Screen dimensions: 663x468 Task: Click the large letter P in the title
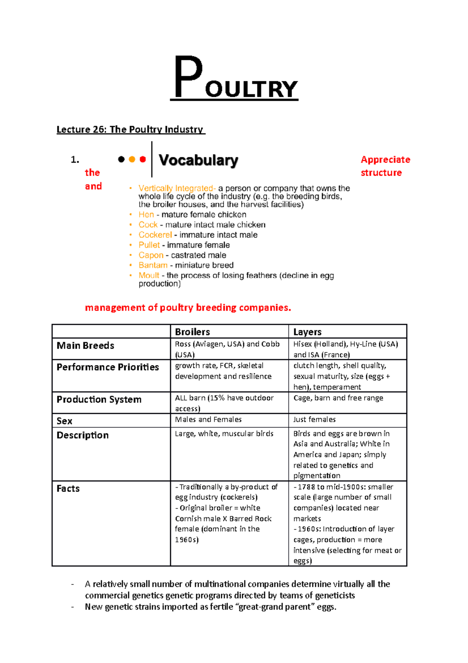coord(188,77)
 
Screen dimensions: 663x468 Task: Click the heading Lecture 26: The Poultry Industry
coord(130,129)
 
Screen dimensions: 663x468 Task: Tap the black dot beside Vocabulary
coord(121,159)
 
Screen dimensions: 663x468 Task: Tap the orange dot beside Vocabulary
coord(132,159)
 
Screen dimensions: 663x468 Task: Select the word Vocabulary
coord(198,160)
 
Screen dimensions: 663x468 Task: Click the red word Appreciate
coord(385,160)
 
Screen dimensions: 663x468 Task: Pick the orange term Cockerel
coord(155,235)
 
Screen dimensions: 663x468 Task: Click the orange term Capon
coord(151,255)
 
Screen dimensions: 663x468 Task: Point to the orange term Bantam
coord(152,265)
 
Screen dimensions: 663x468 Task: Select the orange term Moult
coord(149,275)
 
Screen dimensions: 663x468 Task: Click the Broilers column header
coord(192,332)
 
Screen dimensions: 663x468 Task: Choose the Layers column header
coord(307,332)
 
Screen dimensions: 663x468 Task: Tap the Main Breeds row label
coord(85,346)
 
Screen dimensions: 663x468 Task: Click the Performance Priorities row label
coord(108,367)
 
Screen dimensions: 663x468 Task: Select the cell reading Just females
coord(314,419)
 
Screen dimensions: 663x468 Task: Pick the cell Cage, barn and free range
coord(338,398)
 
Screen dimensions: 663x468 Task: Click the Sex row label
coord(64,421)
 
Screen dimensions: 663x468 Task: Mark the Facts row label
coord(68,488)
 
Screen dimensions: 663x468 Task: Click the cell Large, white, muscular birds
coord(224,433)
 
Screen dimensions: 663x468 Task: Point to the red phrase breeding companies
coord(243,308)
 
